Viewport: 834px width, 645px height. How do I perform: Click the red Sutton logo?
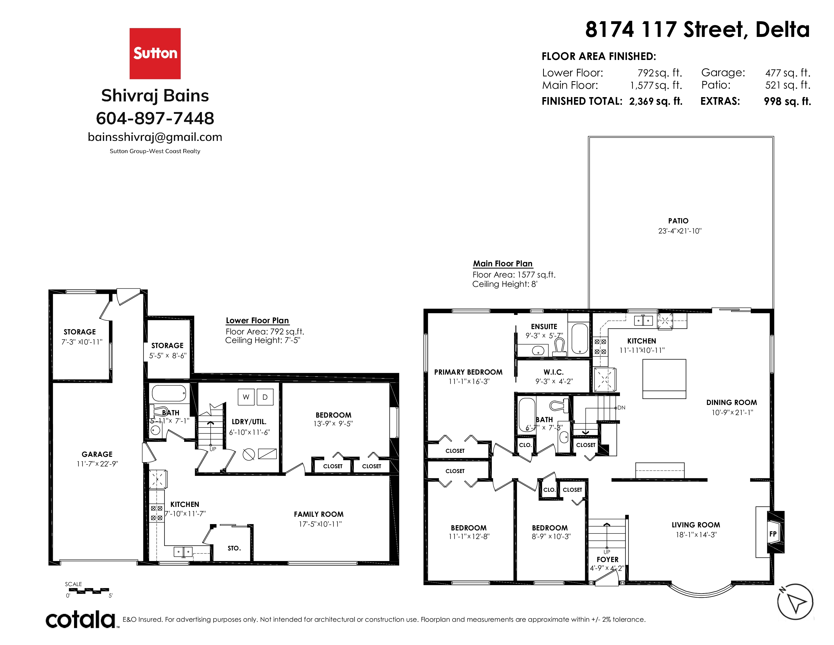pos(155,53)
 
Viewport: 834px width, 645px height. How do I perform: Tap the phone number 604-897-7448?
pos(155,118)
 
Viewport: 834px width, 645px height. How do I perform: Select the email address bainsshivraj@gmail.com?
pos(155,137)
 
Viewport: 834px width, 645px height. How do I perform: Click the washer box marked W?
pos(246,397)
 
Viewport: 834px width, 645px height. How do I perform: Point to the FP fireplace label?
pos(773,534)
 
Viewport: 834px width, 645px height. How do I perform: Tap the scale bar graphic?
pos(89,591)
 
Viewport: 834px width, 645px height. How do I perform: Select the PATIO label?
pos(679,221)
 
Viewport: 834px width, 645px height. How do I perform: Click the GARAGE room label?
pos(97,454)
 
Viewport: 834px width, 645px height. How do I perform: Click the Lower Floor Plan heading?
pos(257,320)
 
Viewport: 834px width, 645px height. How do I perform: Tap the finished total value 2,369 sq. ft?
pos(656,101)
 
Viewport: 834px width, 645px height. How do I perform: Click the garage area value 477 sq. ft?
pos(788,73)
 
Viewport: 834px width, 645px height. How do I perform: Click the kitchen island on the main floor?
pos(664,379)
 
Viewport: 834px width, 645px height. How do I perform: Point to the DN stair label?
pos(621,408)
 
